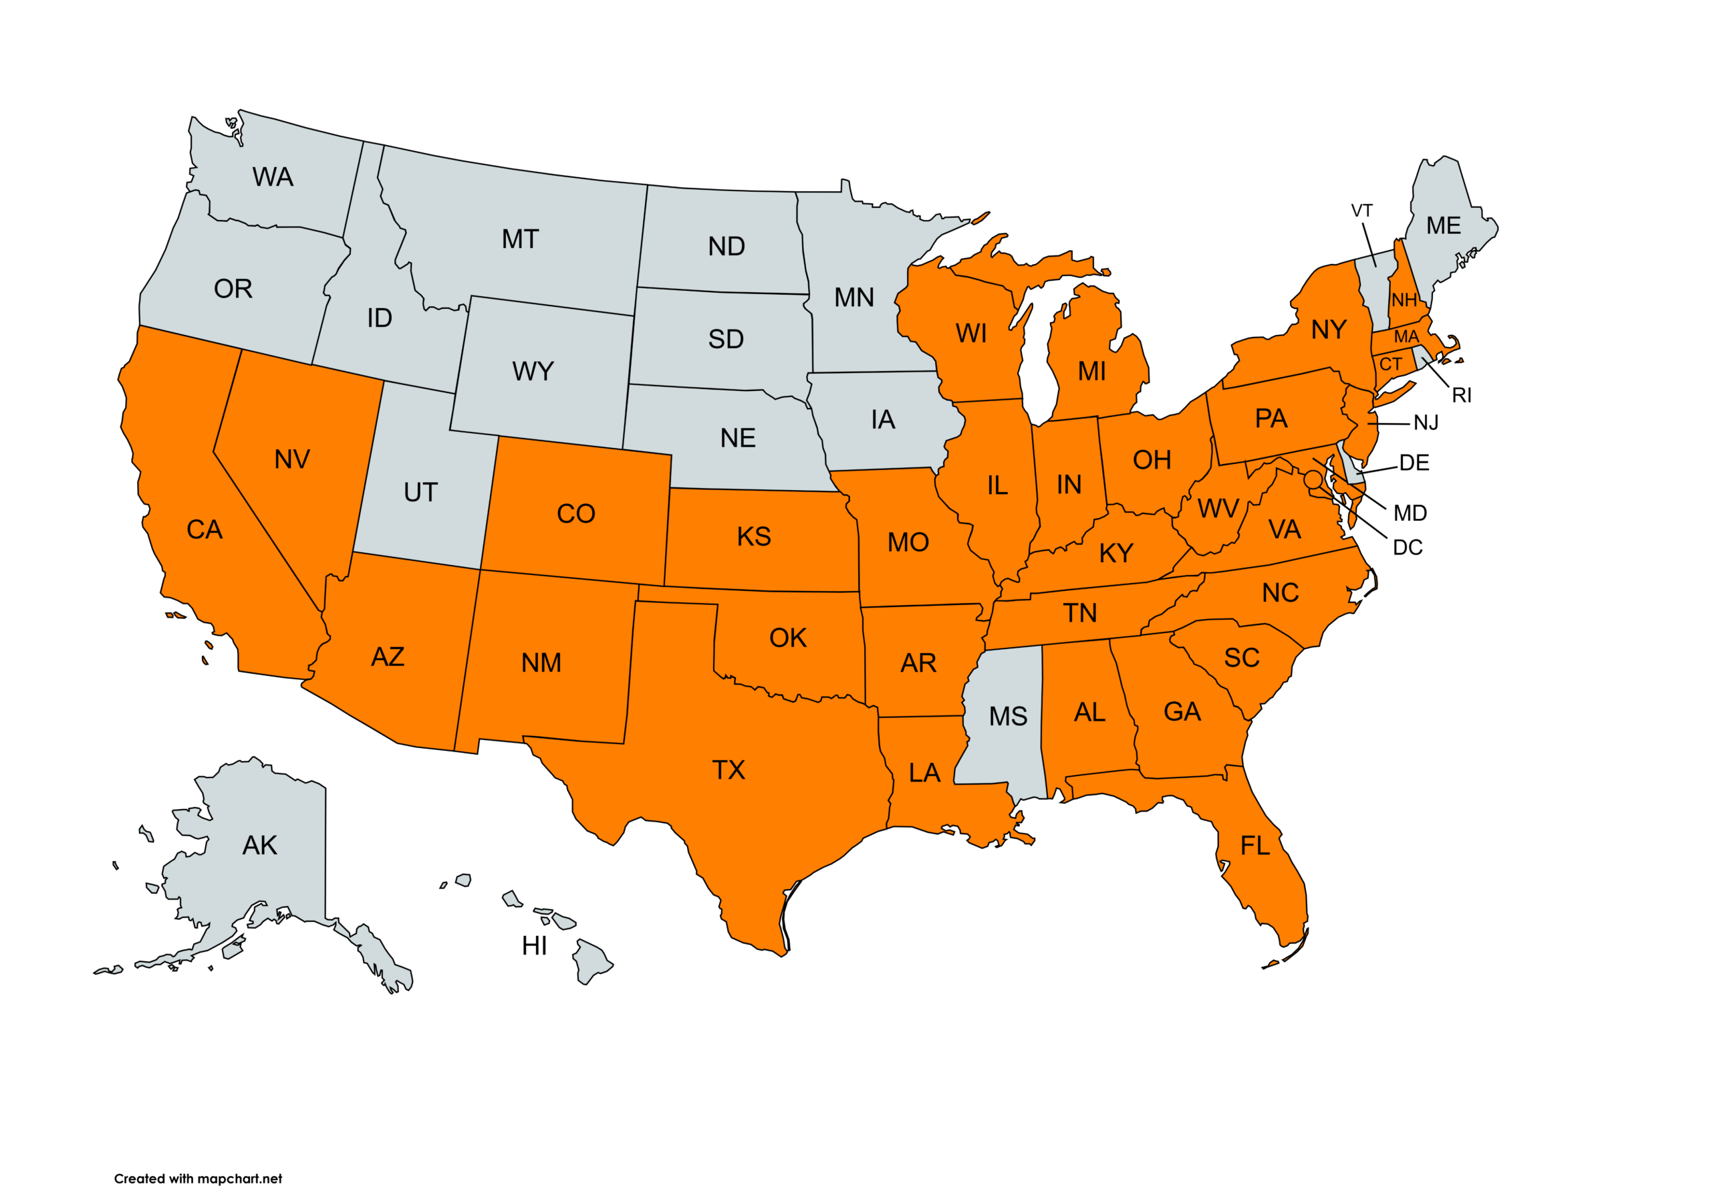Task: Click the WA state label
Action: tap(273, 177)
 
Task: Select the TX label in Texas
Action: tap(728, 770)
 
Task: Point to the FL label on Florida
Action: tap(1255, 846)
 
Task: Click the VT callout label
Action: tap(1361, 211)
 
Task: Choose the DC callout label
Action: tap(1407, 548)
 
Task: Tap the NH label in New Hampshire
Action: tap(1404, 300)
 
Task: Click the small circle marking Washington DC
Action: tap(1313, 479)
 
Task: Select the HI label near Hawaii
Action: tap(534, 946)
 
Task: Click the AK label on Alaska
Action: tap(259, 846)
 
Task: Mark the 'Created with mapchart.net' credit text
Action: tap(199, 1179)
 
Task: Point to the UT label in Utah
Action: tap(420, 493)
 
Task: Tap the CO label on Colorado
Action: tap(576, 513)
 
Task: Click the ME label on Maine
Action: tap(1444, 226)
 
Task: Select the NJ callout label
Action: tap(1426, 423)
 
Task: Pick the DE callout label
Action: tap(1414, 463)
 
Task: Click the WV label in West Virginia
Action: tap(1218, 509)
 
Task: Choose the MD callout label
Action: tap(1410, 513)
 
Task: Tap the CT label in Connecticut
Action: tap(1391, 364)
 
